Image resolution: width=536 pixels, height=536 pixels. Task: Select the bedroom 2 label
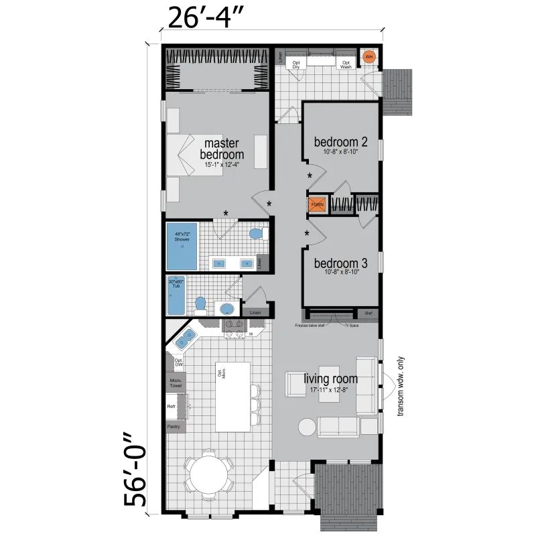tap(340, 142)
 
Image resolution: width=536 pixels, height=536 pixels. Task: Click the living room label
tap(330, 379)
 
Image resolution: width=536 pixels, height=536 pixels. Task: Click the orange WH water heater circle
tap(368, 58)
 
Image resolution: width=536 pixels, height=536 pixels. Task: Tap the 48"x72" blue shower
tap(182, 245)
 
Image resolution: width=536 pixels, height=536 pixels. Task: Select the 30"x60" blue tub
tap(176, 295)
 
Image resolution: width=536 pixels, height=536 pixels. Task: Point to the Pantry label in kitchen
tap(174, 426)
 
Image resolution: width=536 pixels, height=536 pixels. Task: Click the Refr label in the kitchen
tap(172, 407)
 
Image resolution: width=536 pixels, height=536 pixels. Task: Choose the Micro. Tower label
tap(175, 383)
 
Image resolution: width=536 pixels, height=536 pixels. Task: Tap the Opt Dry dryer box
tap(295, 63)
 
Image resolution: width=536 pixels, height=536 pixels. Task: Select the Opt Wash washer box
tap(345, 63)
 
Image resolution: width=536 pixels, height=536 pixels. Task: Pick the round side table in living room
tap(306, 427)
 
